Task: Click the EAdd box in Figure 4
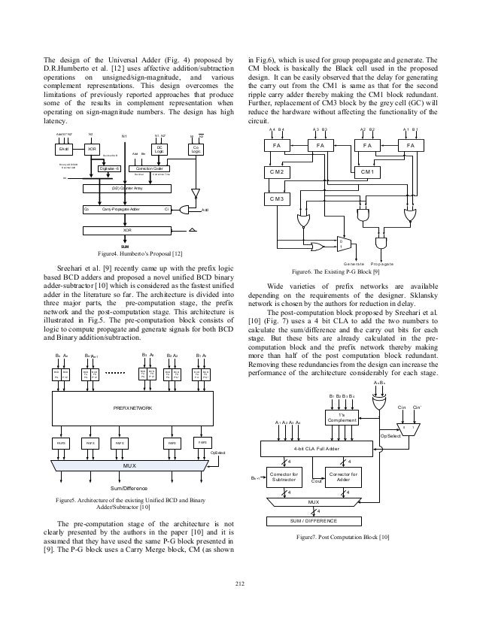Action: pos(64,128)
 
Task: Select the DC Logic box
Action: pos(159,128)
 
